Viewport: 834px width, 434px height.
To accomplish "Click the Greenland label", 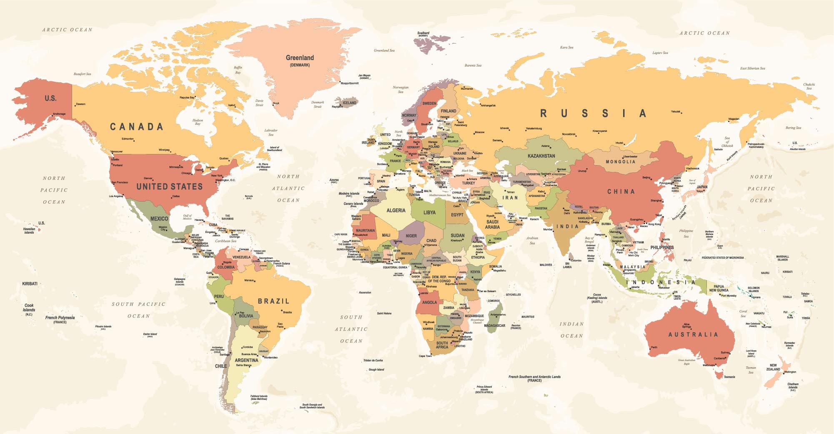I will click(x=300, y=58).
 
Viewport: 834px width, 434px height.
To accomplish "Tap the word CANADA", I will click(x=136, y=127).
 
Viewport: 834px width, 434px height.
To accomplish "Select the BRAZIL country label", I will click(x=273, y=301).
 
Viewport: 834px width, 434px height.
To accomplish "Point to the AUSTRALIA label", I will click(x=693, y=335).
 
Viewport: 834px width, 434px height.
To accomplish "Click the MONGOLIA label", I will click(x=620, y=161).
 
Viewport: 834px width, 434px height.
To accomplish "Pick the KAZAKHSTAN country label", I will click(x=541, y=156).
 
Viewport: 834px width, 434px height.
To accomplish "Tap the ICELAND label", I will click(x=349, y=103).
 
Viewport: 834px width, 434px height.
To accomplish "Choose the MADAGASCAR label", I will click(x=494, y=325).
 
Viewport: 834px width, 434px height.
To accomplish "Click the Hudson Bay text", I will click(x=198, y=122).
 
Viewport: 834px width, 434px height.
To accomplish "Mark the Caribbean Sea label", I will click(x=225, y=241).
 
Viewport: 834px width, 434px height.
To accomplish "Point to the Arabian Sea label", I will click(x=532, y=240).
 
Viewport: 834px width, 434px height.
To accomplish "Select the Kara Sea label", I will click(x=566, y=48).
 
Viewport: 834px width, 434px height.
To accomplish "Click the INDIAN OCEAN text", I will click(x=571, y=330).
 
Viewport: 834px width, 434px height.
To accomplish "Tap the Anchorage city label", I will click(x=59, y=114).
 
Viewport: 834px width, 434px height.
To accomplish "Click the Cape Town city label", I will click(x=425, y=356).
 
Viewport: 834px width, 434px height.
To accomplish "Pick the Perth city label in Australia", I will click(x=654, y=347).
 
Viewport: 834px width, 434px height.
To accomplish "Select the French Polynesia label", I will click(x=60, y=318).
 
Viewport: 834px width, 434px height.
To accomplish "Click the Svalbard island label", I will click(x=423, y=33).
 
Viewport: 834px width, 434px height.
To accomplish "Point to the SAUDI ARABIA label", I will click(x=492, y=225).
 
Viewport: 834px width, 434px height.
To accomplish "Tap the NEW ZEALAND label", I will click(x=773, y=367).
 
